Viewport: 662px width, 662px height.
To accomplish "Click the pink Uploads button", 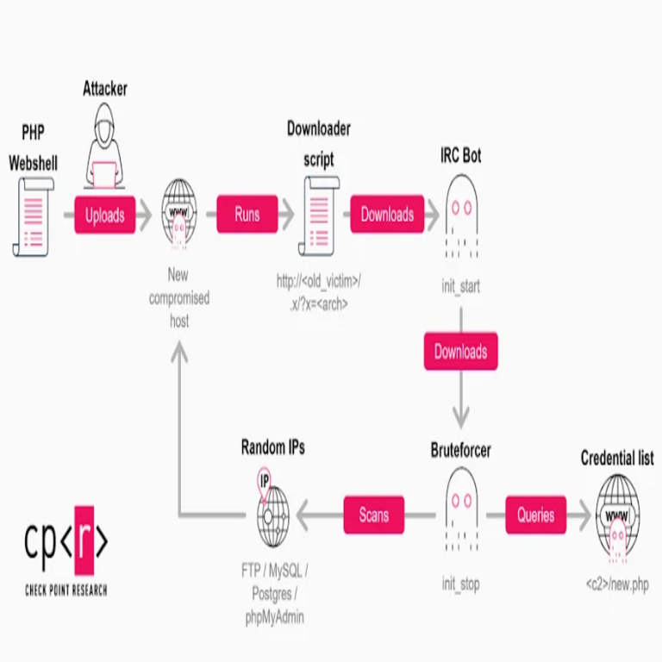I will coord(105,215).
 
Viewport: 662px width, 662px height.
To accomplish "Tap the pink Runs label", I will coord(247,215).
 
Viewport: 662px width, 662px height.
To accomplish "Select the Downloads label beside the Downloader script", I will coord(387,215).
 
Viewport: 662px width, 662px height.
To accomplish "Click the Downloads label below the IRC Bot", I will coord(460,352).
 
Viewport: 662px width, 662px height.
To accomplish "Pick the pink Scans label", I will coord(373,515).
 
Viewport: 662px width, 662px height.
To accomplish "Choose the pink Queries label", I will coord(535,515).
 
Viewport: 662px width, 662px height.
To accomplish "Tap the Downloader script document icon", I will coord(320,215).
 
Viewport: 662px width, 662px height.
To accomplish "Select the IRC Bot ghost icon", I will coord(461,215).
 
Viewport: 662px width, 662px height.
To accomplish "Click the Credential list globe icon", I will coord(617,515).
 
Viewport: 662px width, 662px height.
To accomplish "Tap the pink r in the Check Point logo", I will coord(83,541).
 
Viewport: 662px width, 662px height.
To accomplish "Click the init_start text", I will coord(461,286).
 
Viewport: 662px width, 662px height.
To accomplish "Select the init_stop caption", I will coord(461,584).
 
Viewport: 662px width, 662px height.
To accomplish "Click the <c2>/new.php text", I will coord(617,584).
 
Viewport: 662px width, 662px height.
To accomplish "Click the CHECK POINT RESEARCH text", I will coord(66,590).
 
